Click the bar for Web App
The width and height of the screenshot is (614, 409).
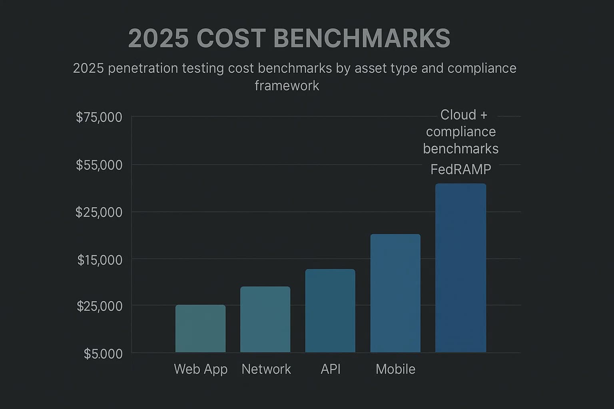[200, 328]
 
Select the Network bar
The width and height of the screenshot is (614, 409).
[265, 319]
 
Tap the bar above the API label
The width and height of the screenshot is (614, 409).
[330, 310]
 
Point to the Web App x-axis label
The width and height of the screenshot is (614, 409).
[201, 369]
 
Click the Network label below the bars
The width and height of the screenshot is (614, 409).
[266, 369]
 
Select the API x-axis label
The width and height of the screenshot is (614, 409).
[331, 369]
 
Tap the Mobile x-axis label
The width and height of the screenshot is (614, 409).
[395, 369]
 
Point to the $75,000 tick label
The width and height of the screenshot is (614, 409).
[99, 117]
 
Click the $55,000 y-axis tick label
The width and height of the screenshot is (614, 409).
[99, 165]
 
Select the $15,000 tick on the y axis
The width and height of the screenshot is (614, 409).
[100, 260]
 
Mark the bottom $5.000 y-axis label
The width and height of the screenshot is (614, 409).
[103, 354]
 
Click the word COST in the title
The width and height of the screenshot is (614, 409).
[231, 39]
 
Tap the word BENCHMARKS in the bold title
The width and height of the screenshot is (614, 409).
[362, 39]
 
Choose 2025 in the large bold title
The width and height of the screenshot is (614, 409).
[158, 39]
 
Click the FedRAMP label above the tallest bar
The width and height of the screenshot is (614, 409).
[460, 170]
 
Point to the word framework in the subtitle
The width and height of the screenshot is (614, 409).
[287, 85]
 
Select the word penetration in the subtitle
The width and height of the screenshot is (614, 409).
[143, 68]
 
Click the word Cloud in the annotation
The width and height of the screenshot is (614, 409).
[458, 115]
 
